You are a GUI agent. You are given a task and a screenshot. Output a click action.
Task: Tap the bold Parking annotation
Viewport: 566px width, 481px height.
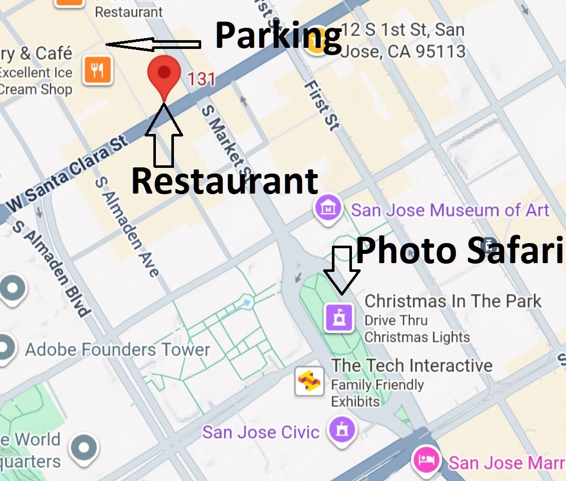(x=278, y=36)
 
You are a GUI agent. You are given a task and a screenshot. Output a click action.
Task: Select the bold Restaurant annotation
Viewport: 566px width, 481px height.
(x=225, y=181)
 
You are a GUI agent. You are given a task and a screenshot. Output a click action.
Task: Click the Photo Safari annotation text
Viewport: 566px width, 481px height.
(x=459, y=250)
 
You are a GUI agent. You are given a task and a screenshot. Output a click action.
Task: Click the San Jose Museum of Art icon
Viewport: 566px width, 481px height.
(x=328, y=210)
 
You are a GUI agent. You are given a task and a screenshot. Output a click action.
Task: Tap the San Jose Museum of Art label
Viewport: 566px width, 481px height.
(x=450, y=210)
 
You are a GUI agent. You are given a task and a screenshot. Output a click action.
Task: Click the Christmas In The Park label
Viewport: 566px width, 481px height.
(x=453, y=301)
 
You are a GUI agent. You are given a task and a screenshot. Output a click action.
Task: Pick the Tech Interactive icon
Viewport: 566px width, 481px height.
(x=309, y=382)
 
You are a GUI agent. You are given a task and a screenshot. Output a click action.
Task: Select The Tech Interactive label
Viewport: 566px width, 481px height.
(x=412, y=366)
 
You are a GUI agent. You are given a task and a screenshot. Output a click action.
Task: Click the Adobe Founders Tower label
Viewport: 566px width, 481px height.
(x=117, y=350)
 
